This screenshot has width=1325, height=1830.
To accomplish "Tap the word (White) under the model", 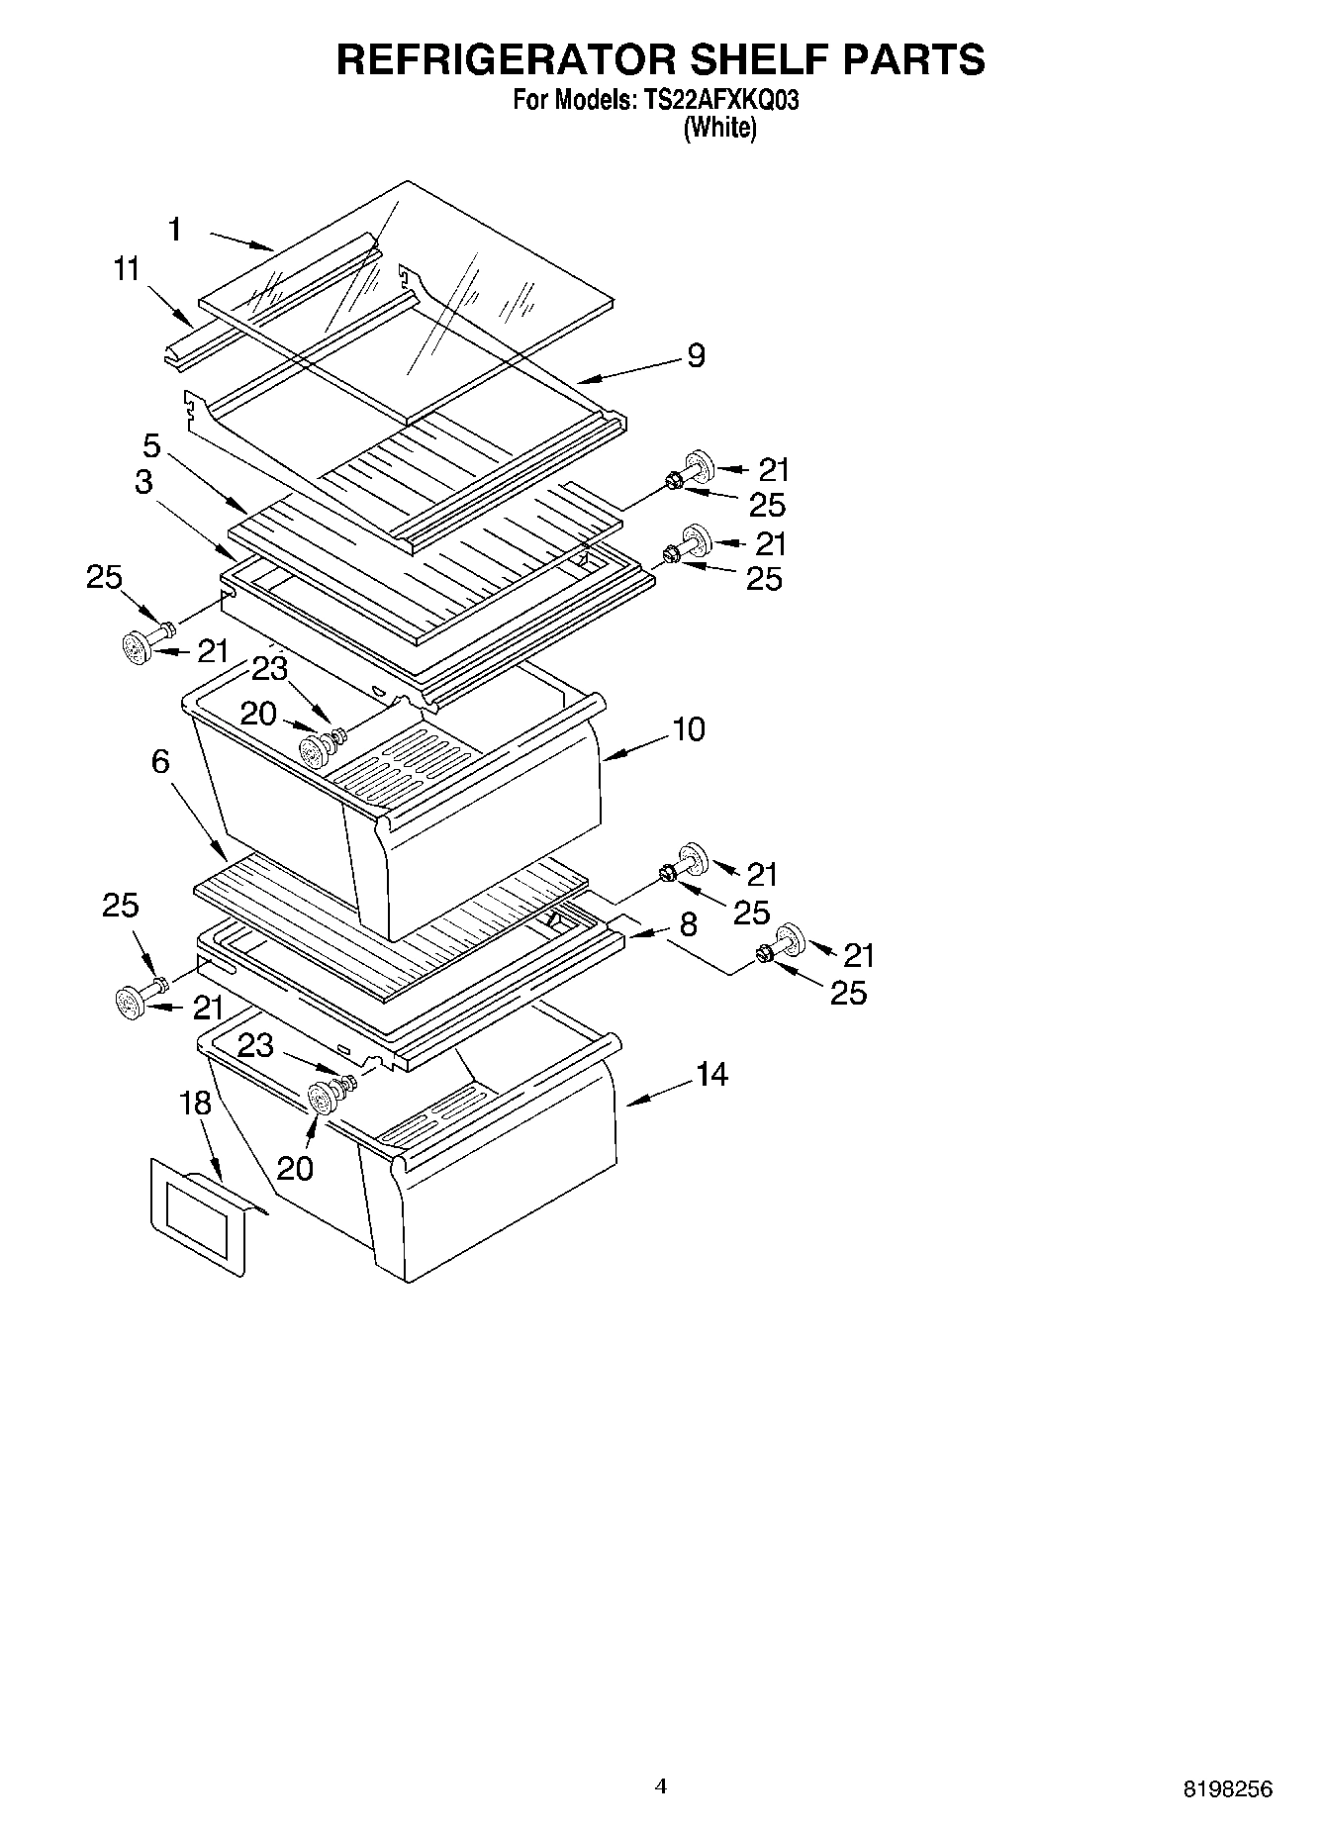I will (x=720, y=129).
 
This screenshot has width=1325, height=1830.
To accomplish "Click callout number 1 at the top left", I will (x=175, y=231).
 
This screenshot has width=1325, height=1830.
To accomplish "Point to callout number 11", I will (x=127, y=269).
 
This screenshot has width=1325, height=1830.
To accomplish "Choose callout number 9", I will (x=696, y=356).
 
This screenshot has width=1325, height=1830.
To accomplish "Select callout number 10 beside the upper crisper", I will (x=689, y=729).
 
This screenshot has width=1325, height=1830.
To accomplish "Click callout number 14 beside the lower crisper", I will (x=711, y=1074).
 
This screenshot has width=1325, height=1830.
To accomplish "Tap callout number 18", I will (x=197, y=1104).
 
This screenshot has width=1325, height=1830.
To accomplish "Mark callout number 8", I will (x=689, y=925).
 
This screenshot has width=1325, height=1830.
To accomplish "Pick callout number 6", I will (x=160, y=761).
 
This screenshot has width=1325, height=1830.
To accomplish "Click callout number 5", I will (x=151, y=445).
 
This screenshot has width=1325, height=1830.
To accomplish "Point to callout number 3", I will (x=144, y=483).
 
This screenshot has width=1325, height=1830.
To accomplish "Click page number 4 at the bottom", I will (x=661, y=1785).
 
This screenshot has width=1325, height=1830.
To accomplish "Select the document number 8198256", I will (x=1228, y=1788).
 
